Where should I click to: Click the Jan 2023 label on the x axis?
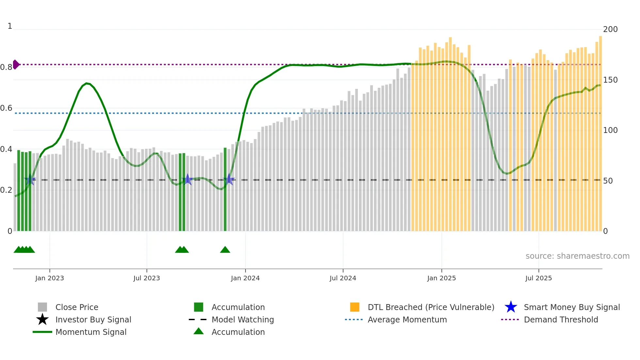50,278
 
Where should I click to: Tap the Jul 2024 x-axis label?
343,278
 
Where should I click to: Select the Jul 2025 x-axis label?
538,278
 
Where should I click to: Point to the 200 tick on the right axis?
610,29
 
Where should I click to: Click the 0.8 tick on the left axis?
6,67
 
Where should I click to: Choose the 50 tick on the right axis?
608,181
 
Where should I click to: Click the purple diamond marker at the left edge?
16,64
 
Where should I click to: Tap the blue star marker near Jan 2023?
30,180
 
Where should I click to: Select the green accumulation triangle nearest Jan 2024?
225,250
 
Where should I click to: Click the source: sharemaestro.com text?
577,256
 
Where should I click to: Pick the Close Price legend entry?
77,307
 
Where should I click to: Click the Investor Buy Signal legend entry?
93,319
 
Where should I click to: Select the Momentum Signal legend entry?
91,332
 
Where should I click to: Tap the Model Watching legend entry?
243,319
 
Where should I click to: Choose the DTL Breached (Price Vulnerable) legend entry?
431,307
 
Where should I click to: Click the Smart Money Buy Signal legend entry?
572,307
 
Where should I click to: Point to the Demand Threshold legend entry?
561,319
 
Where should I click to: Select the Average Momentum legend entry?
407,319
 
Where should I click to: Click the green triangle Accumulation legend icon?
199,331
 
